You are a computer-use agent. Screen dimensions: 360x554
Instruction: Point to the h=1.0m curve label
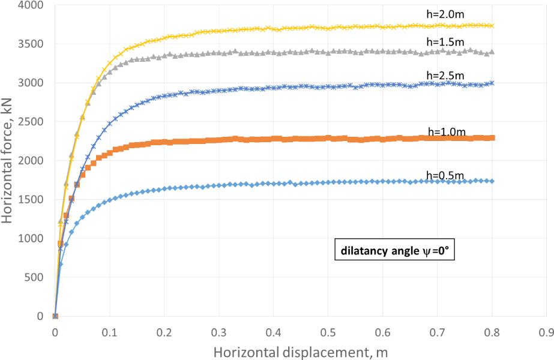[445, 131]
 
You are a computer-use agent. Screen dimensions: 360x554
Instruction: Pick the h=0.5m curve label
[445, 175]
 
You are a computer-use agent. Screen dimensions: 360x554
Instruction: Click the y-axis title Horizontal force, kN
[8, 161]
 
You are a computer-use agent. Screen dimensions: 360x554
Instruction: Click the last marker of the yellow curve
[492, 26]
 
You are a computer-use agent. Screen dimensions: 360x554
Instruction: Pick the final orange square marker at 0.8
[492, 138]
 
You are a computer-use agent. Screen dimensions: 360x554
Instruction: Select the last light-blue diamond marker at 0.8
[492, 181]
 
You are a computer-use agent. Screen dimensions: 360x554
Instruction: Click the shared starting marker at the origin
[55, 316]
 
